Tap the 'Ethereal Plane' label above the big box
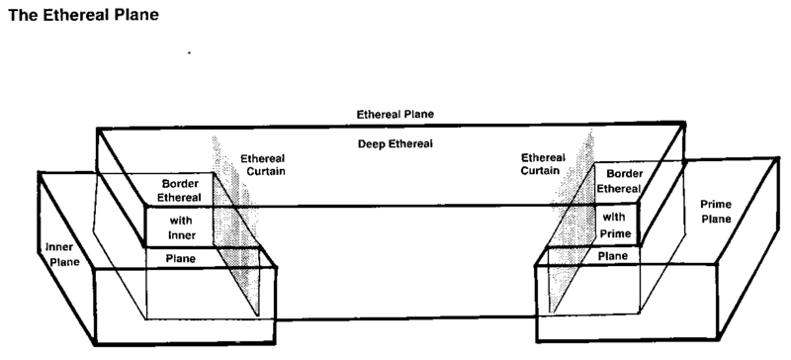point(395,114)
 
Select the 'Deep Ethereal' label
point(395,144)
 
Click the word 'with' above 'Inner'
point(181,221)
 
